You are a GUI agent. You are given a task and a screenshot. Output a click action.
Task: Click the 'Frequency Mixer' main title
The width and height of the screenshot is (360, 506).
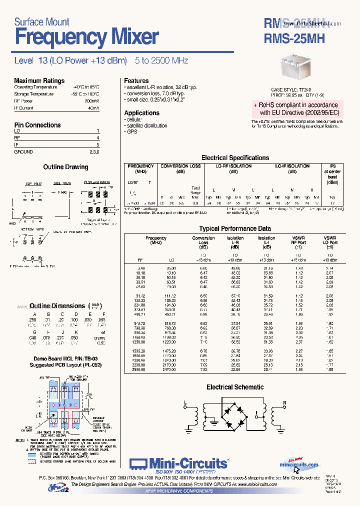[x=86, y=37]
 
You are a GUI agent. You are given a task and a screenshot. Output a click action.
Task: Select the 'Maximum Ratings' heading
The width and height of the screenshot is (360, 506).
[x=39, y=80]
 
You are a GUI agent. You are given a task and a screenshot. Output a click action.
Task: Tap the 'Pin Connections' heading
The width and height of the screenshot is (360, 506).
[x=37, y=125]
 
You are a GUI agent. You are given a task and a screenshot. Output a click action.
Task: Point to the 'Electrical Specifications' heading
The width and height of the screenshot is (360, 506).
[x=235, y=157]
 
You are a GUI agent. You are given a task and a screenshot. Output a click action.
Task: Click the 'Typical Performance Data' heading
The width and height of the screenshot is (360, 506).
[x=235, y=228]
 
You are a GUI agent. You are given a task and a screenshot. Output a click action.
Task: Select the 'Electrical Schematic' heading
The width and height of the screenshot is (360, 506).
[x=235, y=387]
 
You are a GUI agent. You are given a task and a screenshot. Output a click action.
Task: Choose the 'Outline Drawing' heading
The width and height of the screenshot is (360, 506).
[x=65, y=167]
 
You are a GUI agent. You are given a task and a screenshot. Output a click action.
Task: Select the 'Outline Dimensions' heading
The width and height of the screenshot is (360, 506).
[x=57, y=305]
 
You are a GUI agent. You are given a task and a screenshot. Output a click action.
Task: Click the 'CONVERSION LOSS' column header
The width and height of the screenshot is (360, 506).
[x=180, y=166]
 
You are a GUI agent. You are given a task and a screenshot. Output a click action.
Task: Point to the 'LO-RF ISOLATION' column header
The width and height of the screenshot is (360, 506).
[x=233, y=166]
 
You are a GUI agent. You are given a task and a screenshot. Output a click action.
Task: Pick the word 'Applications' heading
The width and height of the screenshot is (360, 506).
[x=141, y=113]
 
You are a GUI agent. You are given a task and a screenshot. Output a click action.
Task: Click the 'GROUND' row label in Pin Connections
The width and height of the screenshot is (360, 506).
[x=23, y=151]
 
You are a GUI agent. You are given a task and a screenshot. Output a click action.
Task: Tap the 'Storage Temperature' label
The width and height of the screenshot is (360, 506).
[x=33, y=94]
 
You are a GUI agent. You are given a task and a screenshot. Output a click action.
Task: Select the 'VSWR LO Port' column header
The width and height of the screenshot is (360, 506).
[x=330, y=242]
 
